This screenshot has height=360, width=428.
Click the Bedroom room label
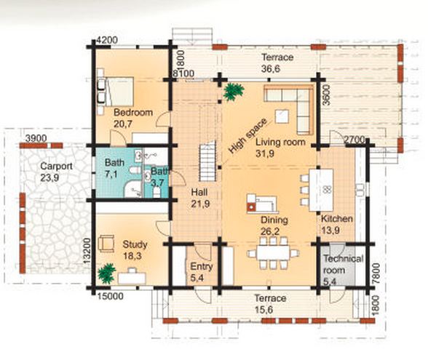pos(133,112)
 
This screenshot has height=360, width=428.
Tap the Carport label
pos(56,166)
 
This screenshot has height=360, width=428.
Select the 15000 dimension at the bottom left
pos(111,296)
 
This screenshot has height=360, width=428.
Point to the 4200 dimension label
pos(107,40)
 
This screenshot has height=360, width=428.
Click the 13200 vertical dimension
pos(87,251)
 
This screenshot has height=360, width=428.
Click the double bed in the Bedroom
pos(119,92)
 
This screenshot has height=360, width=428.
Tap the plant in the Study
pos(106,273)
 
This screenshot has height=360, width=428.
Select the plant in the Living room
pos(233,92)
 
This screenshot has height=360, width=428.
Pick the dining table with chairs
pos(273,253)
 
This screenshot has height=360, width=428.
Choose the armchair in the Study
pos(106,243)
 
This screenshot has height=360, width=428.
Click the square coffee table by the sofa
pos(282,116)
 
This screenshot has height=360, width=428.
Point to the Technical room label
pos(343,264)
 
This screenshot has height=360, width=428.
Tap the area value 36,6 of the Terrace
pos(271,68)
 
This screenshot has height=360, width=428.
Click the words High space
pos(247,136)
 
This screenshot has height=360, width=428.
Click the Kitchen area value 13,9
pos(330,231)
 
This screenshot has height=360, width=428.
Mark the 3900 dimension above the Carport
pos(36,138)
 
